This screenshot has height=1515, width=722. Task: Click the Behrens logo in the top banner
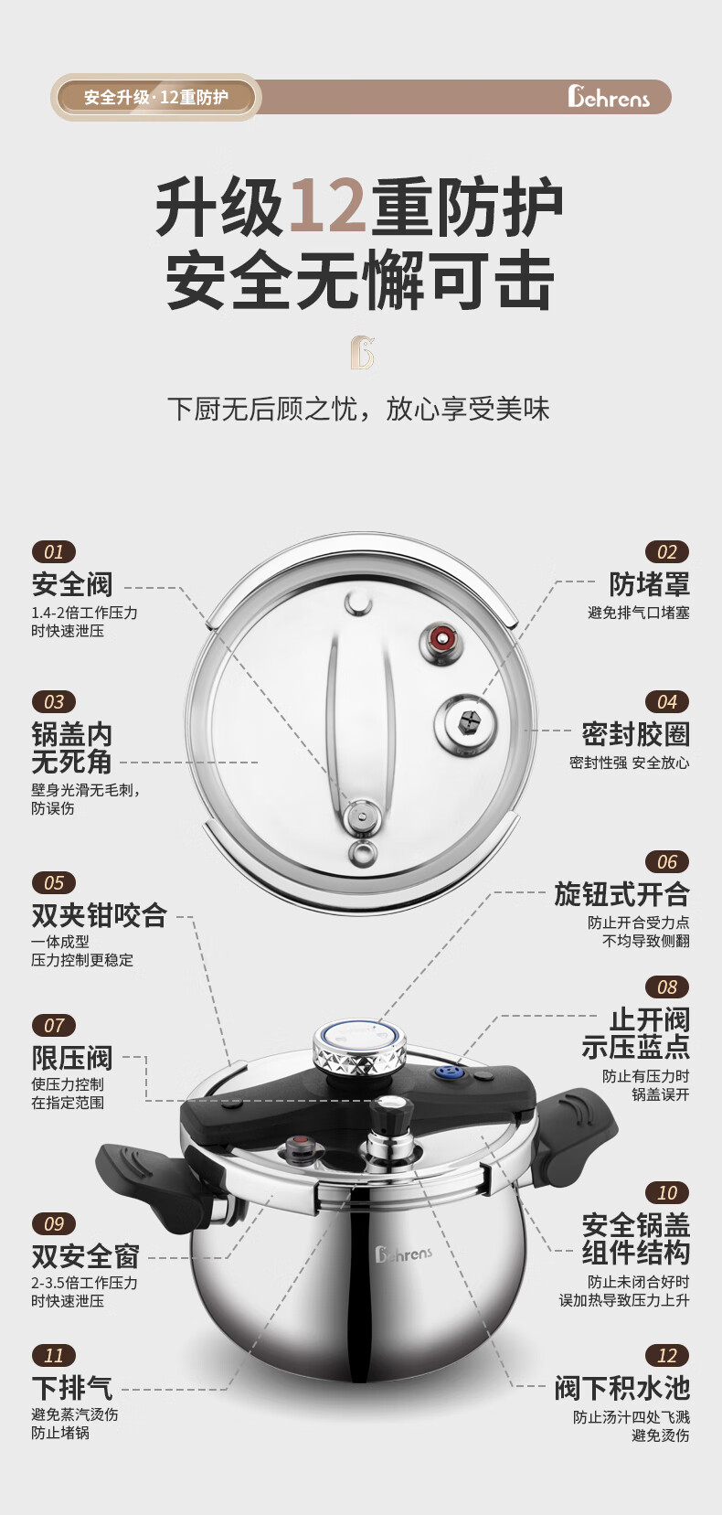[608, 96]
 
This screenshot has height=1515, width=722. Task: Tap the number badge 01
[54, 551]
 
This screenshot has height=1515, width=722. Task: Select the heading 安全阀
[72, 584]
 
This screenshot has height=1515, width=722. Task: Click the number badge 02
[667, 551]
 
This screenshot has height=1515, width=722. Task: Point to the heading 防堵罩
[650, 584]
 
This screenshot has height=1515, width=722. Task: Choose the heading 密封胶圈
[636, 734]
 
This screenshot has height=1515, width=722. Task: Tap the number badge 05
[54, 882]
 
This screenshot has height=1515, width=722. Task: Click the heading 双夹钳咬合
[100, 915]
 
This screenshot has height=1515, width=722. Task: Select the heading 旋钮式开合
[622, 893]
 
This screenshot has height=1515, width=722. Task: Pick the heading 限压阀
[72, 1058]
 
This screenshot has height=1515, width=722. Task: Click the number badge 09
[54, 1223]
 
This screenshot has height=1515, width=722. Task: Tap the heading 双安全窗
[86, 1256]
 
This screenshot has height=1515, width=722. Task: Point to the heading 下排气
[72, 1388]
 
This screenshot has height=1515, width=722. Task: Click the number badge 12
[667, 1355]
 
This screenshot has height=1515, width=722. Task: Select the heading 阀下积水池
[622, 1388]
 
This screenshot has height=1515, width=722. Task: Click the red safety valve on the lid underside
[442, 637]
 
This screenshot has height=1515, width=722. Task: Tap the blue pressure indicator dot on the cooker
[446, 1072]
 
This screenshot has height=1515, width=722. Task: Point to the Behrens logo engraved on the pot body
[404, 1254]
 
